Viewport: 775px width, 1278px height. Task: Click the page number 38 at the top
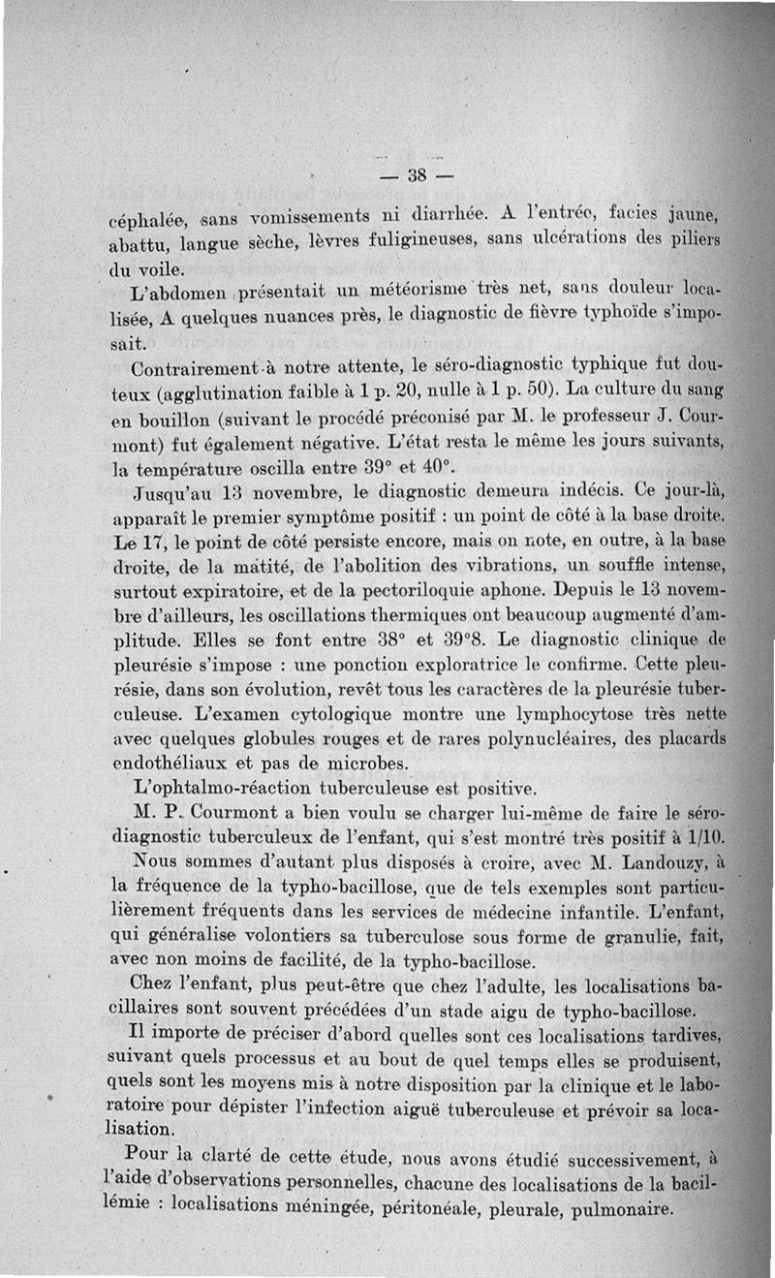(x=418, y=176)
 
